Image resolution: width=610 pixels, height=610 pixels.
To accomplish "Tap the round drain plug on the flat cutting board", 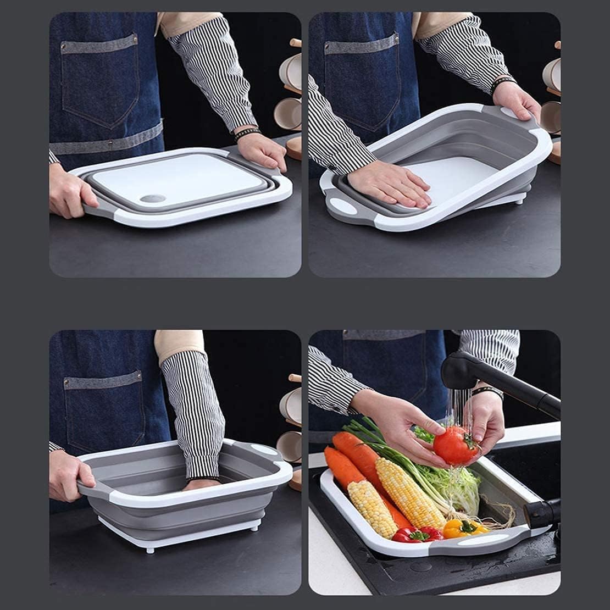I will pyautogui.click(x=153, y=198).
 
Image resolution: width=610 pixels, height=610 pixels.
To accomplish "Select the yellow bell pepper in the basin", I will pyautogui.click(x=462, y=529).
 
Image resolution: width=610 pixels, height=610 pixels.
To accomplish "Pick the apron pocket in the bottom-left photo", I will pyautogui.click(x=104, y=412).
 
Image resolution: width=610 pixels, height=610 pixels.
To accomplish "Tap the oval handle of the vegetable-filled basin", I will pyautogui.click(x=483, y=540).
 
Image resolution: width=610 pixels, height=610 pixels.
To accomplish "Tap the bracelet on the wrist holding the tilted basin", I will pyautogui.click(x=502, y=82).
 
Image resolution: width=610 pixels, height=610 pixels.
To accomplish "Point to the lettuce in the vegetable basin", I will pyautogui.click(x=451, y=484).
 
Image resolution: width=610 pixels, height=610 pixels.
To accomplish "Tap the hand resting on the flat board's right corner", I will pyautogui.click(x=263, y=149).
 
